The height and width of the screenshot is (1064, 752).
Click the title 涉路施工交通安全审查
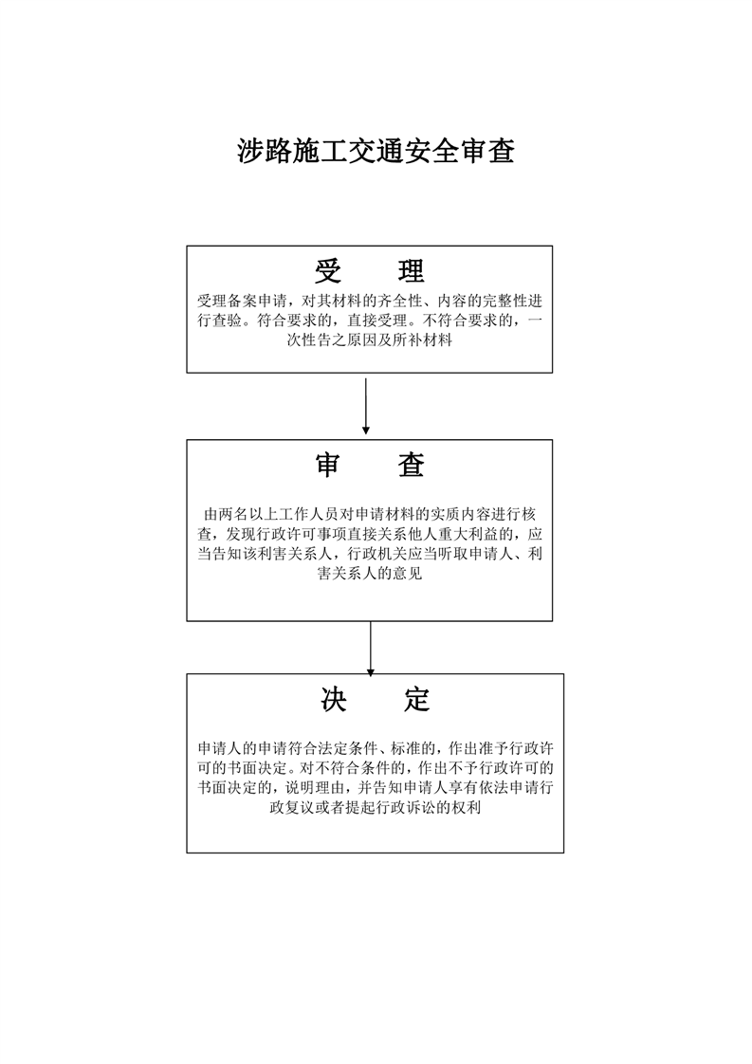click(376, 151)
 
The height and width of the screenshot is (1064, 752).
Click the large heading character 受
click(328, 271)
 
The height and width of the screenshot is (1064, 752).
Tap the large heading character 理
click(411, 271)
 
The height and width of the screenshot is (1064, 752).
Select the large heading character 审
click(328, 465)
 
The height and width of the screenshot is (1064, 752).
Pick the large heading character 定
click(416, 700)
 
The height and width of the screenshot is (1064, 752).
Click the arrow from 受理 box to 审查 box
click(366, 406)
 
